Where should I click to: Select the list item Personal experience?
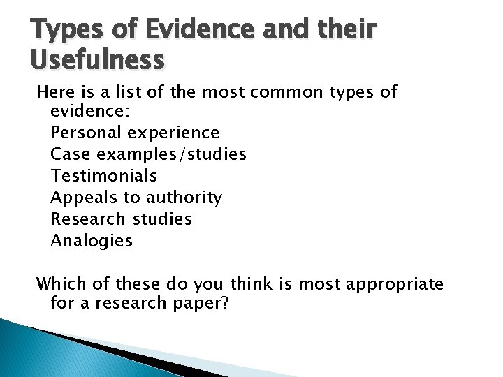click(x=135, y=132)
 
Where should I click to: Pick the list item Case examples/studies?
click(x=148, y=154)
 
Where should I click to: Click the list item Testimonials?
click(x=103, y=175)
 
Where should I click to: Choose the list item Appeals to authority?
click(x=136, y=198)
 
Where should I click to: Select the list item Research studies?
click(x=121, y=219)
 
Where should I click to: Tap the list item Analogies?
click(x=92, y=241)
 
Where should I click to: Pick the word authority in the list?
click(x=184, y=198)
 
